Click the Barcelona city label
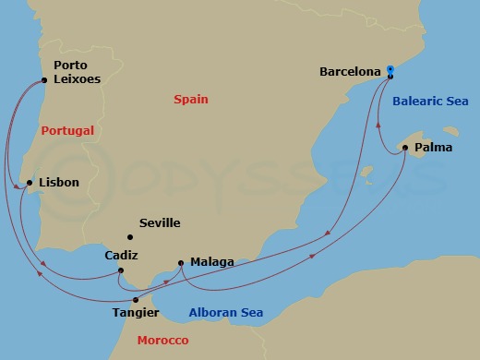pos(350,70)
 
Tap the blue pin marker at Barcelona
pos(390,69)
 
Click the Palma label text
pos(434,147)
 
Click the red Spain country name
pos(191,99)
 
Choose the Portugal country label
pos(67,131)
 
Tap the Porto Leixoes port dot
pos(44,80)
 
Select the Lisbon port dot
pos(30,183)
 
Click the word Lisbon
pos(59,183)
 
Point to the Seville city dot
pos(130,235)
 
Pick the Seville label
pos(159,223)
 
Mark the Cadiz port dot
pos(121,270)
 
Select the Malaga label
pos(211,262)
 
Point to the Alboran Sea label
pos(226,313)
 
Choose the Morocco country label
pos(162,341)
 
